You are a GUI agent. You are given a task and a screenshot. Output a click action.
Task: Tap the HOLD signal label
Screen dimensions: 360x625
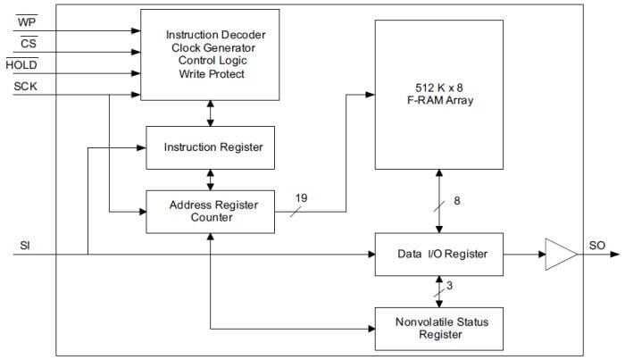[x=21, y=64]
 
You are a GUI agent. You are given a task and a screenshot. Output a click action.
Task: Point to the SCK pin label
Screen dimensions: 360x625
[x=25, y=87]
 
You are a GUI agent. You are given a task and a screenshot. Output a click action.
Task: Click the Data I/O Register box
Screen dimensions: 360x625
[x=438, y=255]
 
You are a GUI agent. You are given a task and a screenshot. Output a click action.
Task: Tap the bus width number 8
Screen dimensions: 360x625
[x=457, y=200]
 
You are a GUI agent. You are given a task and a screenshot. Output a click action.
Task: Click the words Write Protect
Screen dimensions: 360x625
[x=210, y=74]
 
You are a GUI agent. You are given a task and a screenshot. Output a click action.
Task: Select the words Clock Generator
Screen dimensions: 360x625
[x=210, y=47]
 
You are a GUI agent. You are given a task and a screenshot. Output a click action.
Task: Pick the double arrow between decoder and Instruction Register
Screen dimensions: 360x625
[x=211, y=113]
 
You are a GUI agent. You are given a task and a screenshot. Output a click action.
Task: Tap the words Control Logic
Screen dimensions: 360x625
[x=210, y=61]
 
